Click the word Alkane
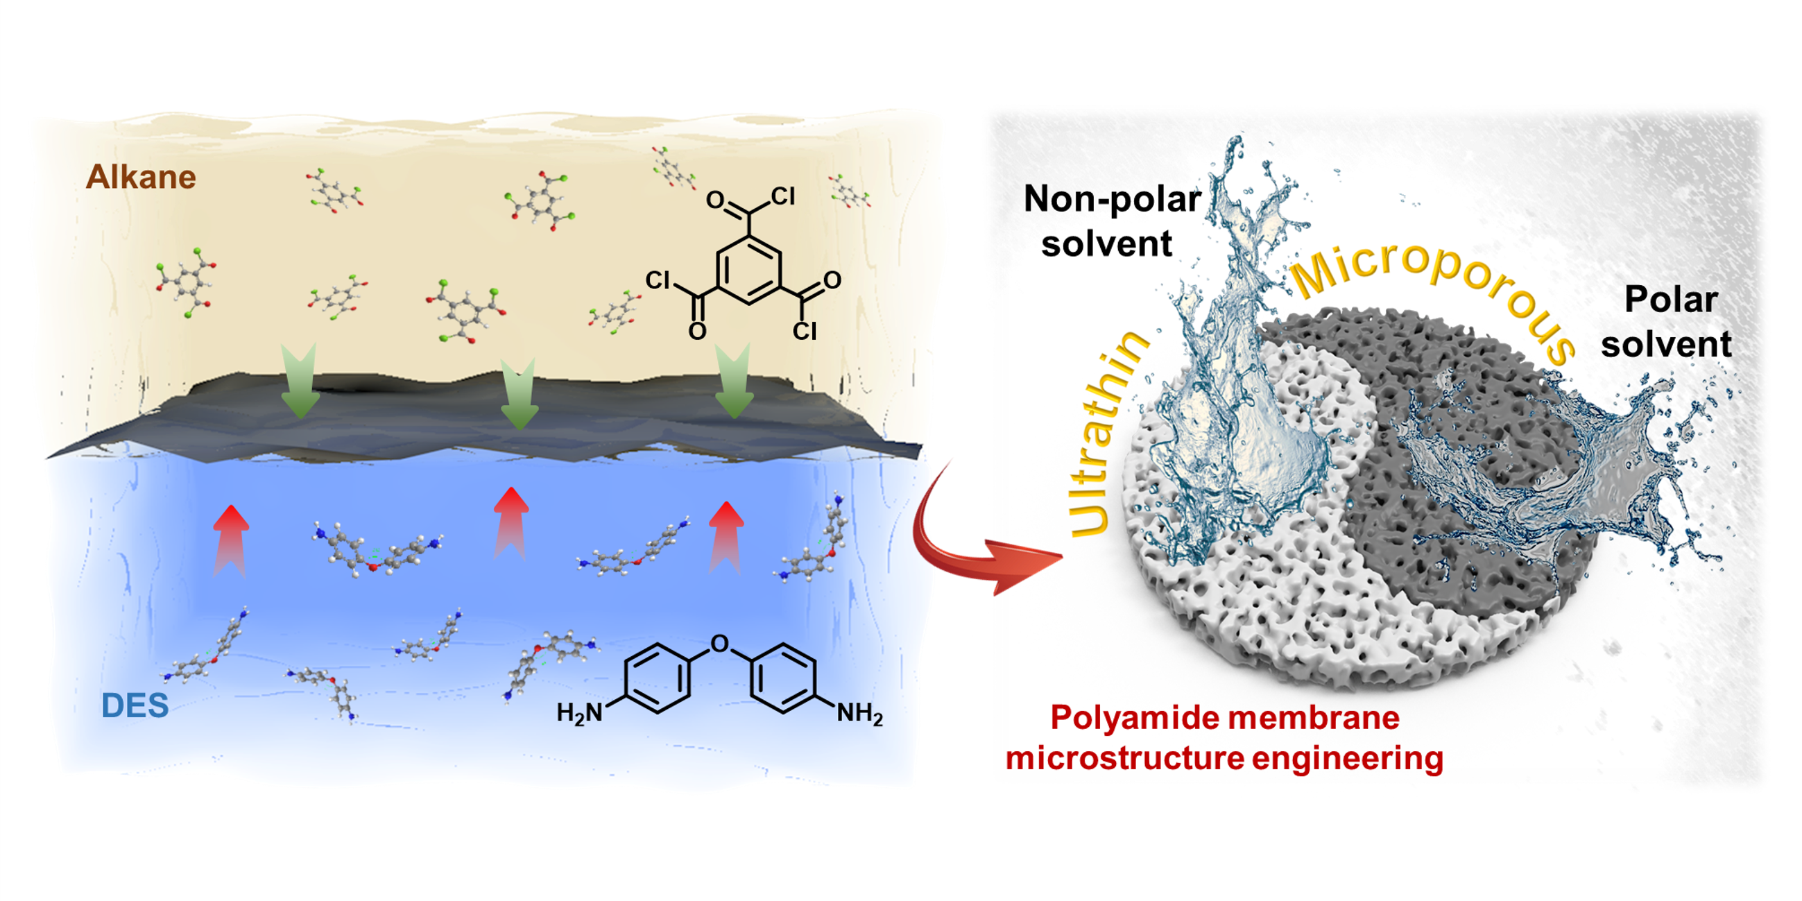141,177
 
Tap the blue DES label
135,705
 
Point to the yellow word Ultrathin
1105,434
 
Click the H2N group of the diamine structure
579,713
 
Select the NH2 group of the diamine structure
859,713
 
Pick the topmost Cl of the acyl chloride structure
783,196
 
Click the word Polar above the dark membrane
1670,300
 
